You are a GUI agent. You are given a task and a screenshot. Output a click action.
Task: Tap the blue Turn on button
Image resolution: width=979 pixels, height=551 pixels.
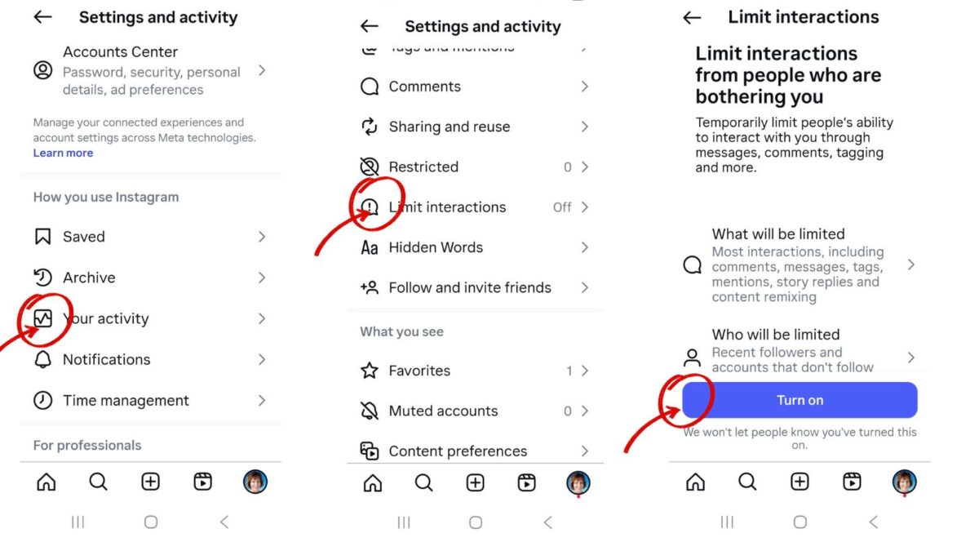[800, 400]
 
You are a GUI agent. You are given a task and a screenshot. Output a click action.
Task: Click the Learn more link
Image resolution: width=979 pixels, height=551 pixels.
[63, 153]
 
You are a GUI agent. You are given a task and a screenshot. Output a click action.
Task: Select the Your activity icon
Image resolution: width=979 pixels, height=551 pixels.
[43, 318]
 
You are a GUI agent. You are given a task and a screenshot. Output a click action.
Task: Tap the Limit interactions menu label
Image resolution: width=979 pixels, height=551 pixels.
[447, 207]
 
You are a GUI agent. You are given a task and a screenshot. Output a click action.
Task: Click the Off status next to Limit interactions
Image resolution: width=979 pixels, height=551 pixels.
[561, 207]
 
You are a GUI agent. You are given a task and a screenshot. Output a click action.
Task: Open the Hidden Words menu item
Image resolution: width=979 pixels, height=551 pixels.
[436, 247]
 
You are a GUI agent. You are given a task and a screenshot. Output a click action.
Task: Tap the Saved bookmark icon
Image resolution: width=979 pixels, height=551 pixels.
[42, 237]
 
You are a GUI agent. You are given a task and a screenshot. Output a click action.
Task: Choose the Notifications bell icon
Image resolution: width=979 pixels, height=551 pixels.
[42, 359]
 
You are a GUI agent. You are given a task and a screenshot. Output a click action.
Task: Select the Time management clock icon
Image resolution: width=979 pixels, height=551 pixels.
[42, 401]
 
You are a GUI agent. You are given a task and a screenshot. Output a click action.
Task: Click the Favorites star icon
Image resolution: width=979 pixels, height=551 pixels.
[370, 371]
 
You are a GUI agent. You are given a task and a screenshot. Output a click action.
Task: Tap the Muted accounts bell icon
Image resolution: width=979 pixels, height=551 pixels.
[370, 411]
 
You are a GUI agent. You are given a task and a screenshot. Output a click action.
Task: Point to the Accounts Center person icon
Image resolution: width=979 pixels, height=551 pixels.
[42, 70]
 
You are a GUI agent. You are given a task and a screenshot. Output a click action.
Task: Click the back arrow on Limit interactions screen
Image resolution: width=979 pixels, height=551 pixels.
[692, 17]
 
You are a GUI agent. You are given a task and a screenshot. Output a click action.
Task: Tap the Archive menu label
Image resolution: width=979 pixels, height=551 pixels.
[89, 278]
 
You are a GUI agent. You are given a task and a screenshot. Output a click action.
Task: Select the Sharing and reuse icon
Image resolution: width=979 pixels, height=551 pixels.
[370, 127]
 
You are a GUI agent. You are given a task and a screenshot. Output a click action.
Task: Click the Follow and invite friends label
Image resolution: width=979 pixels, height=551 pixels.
[470, 287]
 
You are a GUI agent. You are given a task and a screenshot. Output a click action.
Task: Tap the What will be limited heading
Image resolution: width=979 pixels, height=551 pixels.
[778, 234]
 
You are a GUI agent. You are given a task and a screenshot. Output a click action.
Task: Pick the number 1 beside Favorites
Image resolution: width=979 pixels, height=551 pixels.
[569, 371]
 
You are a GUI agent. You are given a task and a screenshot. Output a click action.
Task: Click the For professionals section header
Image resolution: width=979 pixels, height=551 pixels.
[87, 445]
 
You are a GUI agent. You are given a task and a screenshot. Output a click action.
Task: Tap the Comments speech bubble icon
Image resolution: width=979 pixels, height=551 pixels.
[370, 87]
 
